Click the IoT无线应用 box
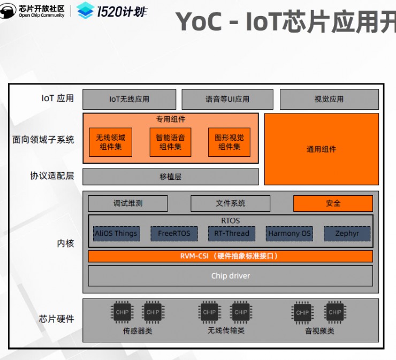pos(129,99)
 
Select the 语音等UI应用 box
pos(227,99)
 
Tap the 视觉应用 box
pos(329,99)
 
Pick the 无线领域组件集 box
pos(111,142)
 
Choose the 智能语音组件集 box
pos(170,142)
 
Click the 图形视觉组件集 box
pos(229,142)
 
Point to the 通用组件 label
pos(321,149)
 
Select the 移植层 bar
pos(170,177)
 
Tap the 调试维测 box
pos(128,203)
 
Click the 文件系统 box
pos(231,203)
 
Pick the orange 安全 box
pos(333,203)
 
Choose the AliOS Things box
pos(116,234)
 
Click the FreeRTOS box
pos(173,234)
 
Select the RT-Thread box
pos(231,234)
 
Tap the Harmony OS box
pos(290,234)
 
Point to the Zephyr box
pos(347,234)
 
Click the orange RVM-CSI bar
pos(230,256)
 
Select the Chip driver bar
pos(230,276)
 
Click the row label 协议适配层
pos(52,175)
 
